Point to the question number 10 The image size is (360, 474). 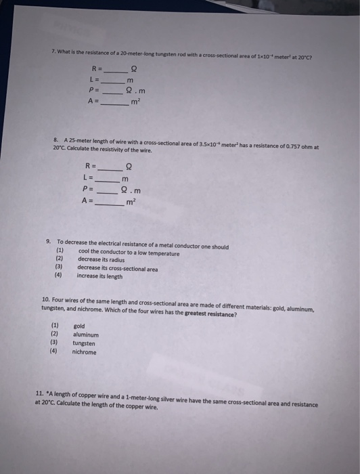pos(46,300)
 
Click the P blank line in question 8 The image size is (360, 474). pos(108,190)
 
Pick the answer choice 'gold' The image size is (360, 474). pos(79,326)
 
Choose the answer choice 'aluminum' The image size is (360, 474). pos(86,335)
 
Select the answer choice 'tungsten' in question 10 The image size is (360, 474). pos(84,343)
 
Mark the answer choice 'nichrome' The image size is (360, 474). pos(85,352)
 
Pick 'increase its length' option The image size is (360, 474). pos(100,276)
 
